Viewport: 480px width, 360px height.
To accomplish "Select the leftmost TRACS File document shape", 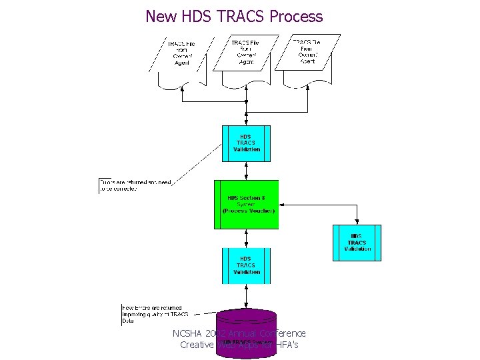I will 181,60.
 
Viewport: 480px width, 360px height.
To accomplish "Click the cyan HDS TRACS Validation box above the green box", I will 246,143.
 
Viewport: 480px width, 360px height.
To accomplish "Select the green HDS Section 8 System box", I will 246,204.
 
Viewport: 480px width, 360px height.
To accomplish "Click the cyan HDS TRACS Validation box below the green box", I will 246,265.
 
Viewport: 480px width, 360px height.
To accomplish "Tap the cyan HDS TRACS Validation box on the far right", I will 357,243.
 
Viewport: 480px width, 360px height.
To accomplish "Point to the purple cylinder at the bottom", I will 246,333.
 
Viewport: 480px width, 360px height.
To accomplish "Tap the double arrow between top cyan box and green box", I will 247,171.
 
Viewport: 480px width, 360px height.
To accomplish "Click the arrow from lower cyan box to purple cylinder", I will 247,295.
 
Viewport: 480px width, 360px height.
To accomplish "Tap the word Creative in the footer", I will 197,345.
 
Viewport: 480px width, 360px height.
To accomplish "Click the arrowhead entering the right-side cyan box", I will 357,222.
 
